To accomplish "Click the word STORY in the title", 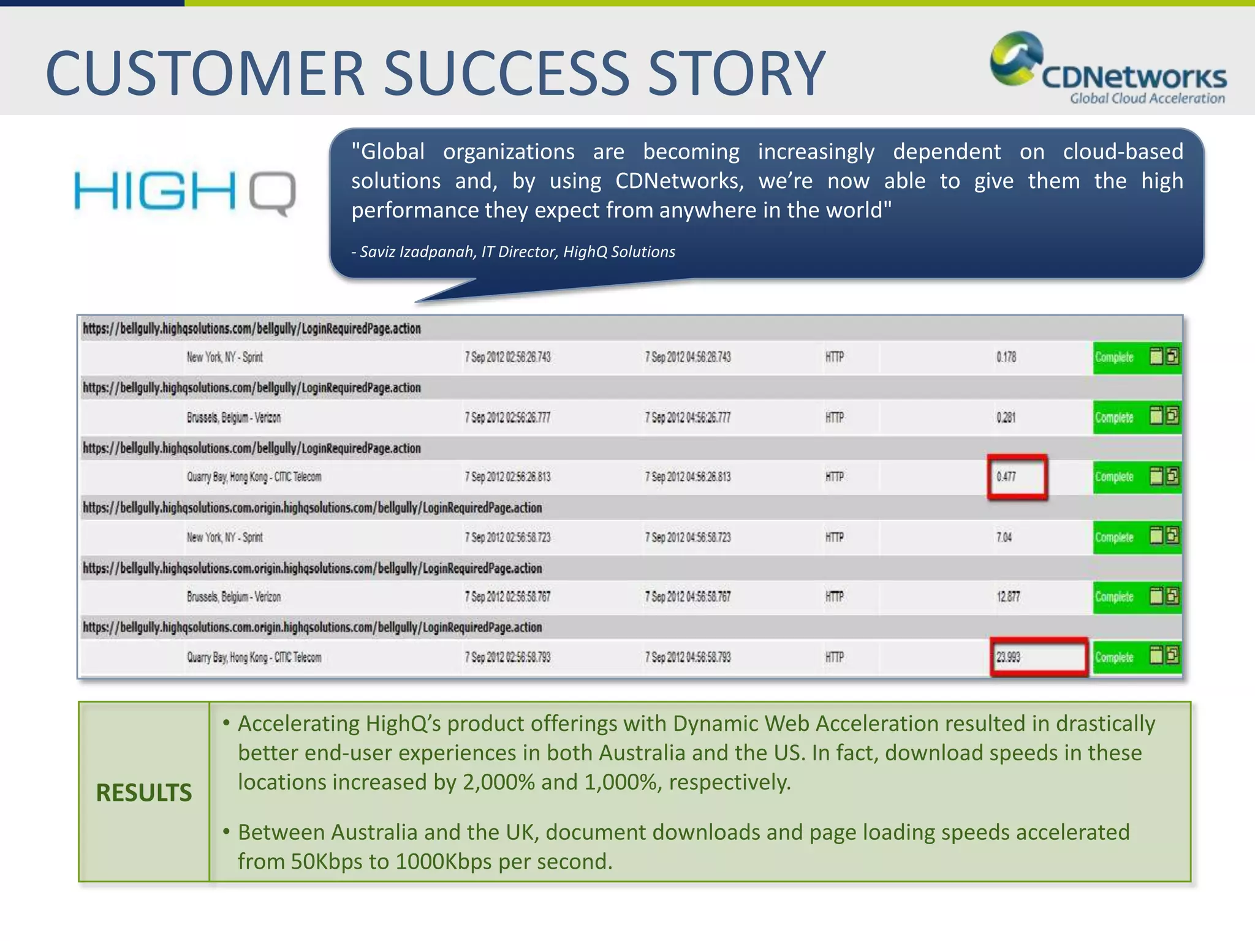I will tap(737, 74).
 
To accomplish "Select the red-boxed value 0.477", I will tap(1006, 477).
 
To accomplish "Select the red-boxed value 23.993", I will tap(1009, 657).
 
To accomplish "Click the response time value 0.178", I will tap(1006, 357).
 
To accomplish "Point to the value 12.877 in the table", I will tap(1009, 597).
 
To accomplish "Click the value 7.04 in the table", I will tap(1004, 537).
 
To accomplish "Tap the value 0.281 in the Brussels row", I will tap(1006, 418).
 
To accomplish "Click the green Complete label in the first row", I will tap(1114, 357).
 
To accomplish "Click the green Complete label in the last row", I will tap(1114, 657).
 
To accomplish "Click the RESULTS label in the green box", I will tap(144, 793).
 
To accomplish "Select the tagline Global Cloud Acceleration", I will tap(1147, 99).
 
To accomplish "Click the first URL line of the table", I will tap(252, 329).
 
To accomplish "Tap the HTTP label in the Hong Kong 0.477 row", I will tap(835, 477).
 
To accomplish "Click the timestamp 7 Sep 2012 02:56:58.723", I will tap(507, 537).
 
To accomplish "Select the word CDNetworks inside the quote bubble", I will tap(679, 181).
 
